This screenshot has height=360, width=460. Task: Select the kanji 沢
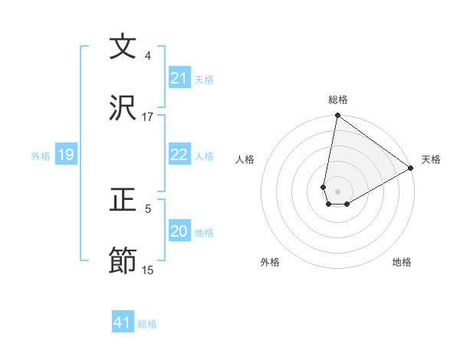123,107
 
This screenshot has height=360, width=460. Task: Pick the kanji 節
123,261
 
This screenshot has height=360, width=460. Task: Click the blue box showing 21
179,78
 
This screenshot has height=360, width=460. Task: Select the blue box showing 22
179,155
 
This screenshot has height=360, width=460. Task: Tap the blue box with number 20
179,231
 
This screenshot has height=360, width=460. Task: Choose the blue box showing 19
65,155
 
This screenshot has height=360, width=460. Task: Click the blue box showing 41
123,323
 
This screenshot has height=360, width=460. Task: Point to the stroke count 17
148,117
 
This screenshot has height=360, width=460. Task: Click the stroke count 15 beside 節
148,270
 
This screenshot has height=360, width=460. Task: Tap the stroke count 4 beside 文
148,56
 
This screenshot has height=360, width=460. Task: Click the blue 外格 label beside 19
41,156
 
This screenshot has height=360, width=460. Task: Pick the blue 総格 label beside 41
147,324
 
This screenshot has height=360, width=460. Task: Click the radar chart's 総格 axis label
338,100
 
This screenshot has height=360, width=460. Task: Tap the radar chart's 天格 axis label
431,159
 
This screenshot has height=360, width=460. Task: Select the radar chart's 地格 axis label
402,262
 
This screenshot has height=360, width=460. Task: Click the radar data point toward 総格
337,116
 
